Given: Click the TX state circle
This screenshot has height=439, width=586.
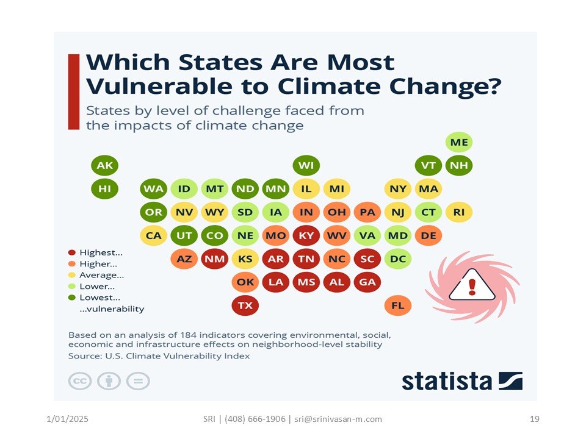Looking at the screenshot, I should point(245,305).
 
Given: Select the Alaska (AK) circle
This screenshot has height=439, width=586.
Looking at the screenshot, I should point(104,165).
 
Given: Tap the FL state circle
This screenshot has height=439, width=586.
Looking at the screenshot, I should point(398,305).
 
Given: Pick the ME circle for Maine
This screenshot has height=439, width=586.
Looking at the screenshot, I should point(459,143).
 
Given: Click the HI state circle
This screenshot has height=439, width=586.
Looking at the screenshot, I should point(104,188).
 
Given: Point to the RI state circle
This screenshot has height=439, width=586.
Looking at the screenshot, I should point(459,212).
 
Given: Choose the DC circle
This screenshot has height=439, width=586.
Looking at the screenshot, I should point(398,259).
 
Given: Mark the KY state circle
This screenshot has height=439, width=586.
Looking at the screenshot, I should point(306,235).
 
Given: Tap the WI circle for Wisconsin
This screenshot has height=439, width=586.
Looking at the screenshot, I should point(306,165).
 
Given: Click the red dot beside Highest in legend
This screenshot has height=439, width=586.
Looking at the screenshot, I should point(72,252).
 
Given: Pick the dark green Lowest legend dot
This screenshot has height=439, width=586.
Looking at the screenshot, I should point(72,298).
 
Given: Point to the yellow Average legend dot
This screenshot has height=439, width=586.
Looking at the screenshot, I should point(72,275).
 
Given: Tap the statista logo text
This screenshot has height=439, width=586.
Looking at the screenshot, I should point(446,381).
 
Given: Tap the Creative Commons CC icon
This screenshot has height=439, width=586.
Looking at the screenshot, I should point(79,381).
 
